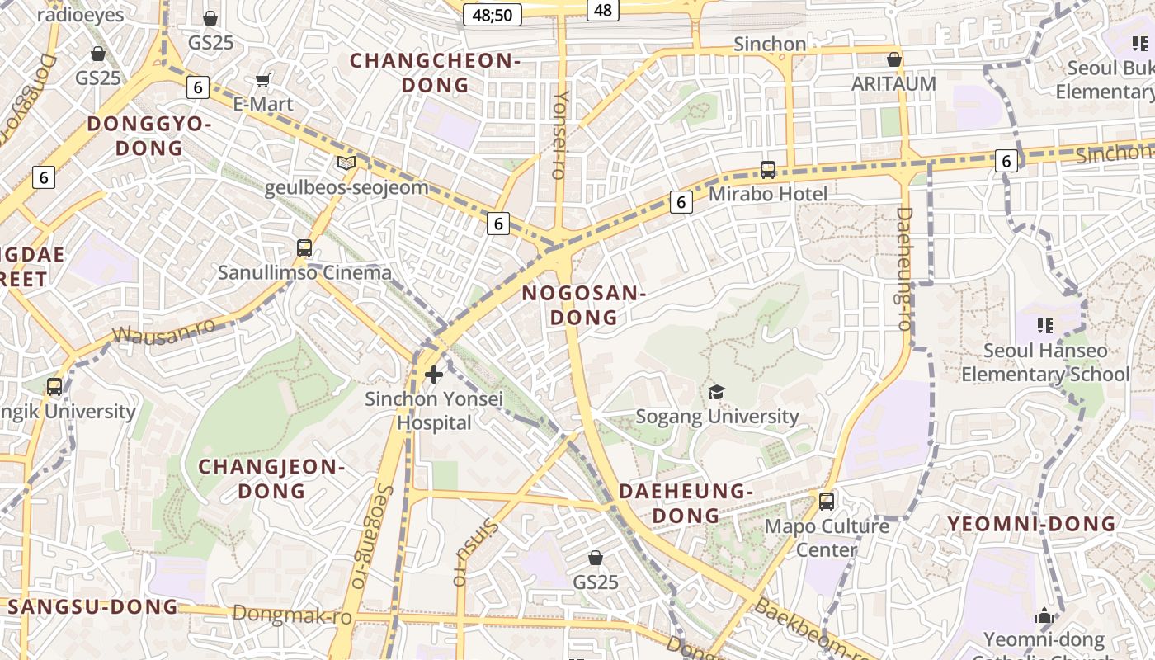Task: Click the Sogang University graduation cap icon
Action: pos(716,392)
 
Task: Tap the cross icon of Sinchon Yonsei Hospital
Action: pos(434,375)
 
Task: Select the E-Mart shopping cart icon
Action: pos(263,80)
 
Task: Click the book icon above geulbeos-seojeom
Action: pos(346,163)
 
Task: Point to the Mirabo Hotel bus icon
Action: pos(768,170)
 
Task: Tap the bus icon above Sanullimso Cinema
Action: pos(304,247)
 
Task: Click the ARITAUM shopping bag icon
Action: pos(893,59)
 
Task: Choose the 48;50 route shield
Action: pos(493,14)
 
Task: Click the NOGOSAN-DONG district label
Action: pos(583,305)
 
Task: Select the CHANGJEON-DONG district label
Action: pos(271,478)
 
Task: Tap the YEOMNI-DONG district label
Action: pos(1031,524)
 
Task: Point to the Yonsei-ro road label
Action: pos(561,134)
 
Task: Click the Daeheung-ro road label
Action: pos(904,269)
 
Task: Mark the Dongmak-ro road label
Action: pos(292,615)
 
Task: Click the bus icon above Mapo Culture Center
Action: pos(827,501)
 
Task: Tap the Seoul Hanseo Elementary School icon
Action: pos(1045,326)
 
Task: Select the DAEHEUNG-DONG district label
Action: pos(686,503)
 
